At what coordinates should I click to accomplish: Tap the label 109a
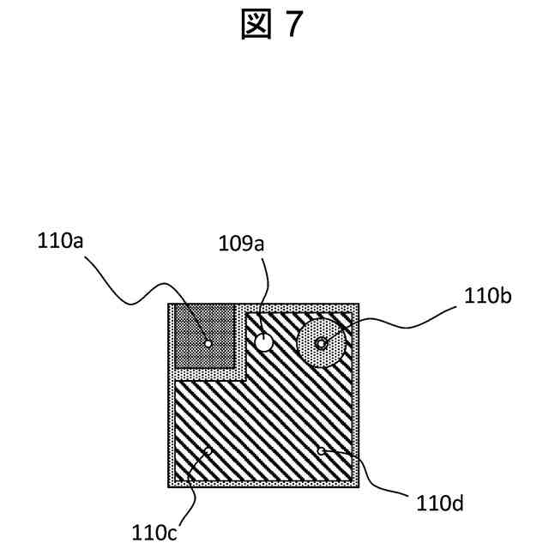[x=241, y=245]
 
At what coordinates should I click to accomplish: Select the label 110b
[x=488, y=297]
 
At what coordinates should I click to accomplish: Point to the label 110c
[x=154, y=533]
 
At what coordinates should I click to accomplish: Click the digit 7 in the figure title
[x=293, y=26]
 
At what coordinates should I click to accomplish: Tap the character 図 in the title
[x=256, y=26]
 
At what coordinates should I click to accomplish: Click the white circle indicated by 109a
[x=264, y=342]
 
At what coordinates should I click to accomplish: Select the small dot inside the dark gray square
[x=208, y=343]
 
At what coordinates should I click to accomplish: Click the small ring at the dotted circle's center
[x=322, y=343]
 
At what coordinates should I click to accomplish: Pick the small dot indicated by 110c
[x=208, y=450]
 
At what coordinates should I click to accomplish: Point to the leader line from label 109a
[x=267, y=292]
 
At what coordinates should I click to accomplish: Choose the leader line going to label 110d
[x=369, y=476]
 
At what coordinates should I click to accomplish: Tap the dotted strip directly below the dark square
[x=206, y=375]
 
